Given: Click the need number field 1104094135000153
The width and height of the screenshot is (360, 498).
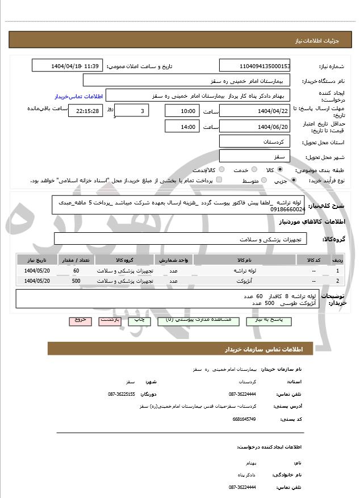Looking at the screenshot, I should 254,66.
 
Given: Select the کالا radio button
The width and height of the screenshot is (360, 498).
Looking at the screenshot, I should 279,169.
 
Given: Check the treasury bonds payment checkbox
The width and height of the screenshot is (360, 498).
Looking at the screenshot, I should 219,180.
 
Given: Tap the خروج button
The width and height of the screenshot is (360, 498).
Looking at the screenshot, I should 80,320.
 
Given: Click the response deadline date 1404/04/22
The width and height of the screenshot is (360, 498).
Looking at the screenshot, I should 254,111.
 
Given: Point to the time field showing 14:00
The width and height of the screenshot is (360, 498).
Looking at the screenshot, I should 182,127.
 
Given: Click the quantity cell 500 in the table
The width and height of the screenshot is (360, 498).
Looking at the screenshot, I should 76,281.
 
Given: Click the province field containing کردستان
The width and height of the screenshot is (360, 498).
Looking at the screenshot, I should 254,141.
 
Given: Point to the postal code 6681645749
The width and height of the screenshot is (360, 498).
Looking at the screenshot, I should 244,419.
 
